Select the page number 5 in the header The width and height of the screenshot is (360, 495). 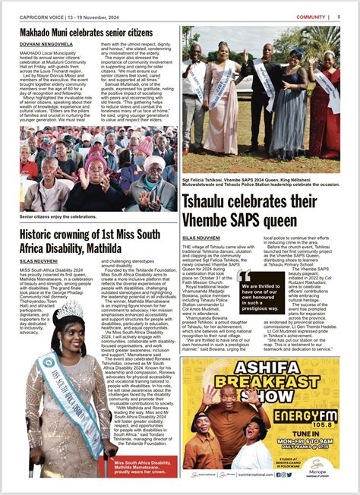[x=338, y=16]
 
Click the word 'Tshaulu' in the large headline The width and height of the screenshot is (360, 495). [x=210, y=202]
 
